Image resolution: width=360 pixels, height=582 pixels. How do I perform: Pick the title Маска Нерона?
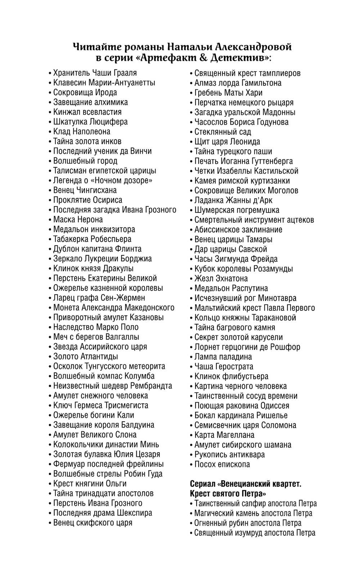[x=78, y=219]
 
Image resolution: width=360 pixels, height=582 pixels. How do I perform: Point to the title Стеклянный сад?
[x=223, y=132]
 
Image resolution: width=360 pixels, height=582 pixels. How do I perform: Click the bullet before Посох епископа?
[x=191, y=465]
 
